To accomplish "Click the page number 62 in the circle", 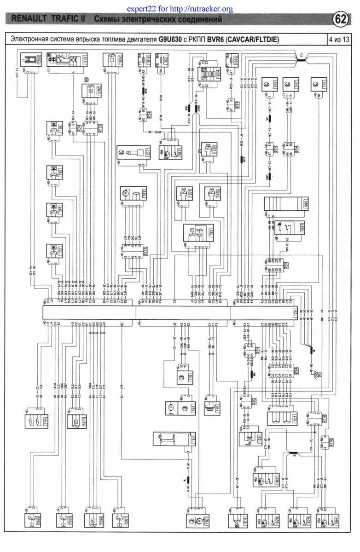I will click(341, 19).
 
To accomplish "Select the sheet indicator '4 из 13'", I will click(339, 39).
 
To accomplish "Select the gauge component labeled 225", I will click(270, 85).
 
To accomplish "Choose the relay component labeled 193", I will click(55, 252).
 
